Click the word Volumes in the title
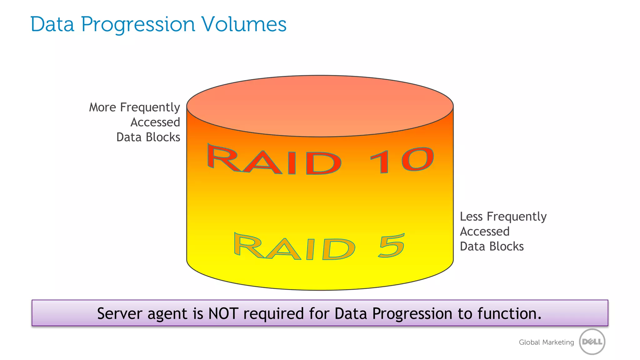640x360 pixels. pos(244,24)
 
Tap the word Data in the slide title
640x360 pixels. pos(52,24)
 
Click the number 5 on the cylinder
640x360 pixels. pos(392,246)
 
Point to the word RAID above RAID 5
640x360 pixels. pos(294,247)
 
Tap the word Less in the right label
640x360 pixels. pos(471,217)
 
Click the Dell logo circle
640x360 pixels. pos(592,342)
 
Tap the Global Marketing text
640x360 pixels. pos(546,342)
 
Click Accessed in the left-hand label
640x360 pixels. pos(155,122)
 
